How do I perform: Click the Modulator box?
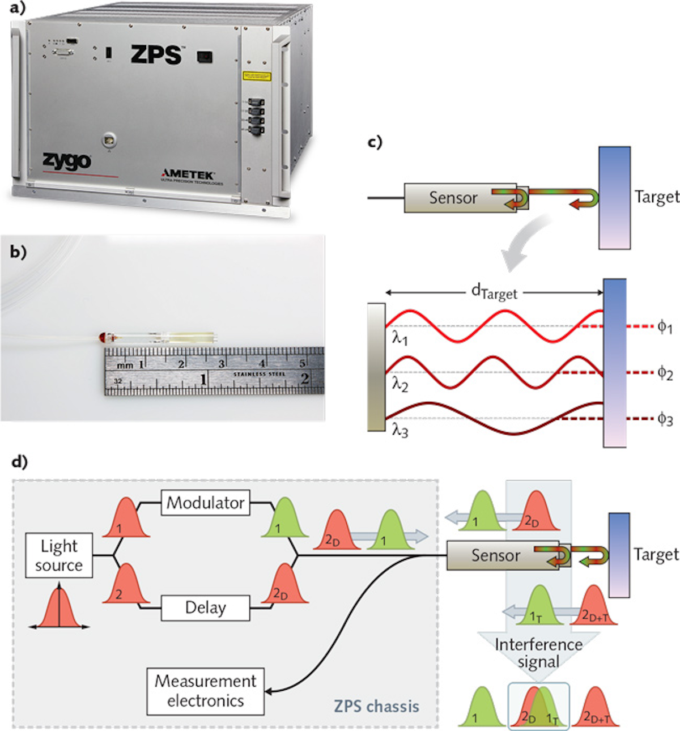pos(206,503)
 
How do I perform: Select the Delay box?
pos(206,608)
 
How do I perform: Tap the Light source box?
pos(59,555)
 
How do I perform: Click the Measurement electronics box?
pos(206,691)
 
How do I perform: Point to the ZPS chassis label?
pos(376,706)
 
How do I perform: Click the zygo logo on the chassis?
pos(66,161)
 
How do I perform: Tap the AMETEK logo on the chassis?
pos(188,174)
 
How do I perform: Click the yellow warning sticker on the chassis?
pos(257,76)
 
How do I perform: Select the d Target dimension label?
pos(494,292)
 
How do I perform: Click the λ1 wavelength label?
pos(399,338)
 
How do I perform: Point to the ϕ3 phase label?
pos(665,420)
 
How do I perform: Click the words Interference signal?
pos(538,653)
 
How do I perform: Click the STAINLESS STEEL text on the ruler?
pos(259,374)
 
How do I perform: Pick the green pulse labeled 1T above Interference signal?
pos(539,606)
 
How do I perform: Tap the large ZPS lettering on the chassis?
pos(156,55)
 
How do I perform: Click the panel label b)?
pos(18,252)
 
